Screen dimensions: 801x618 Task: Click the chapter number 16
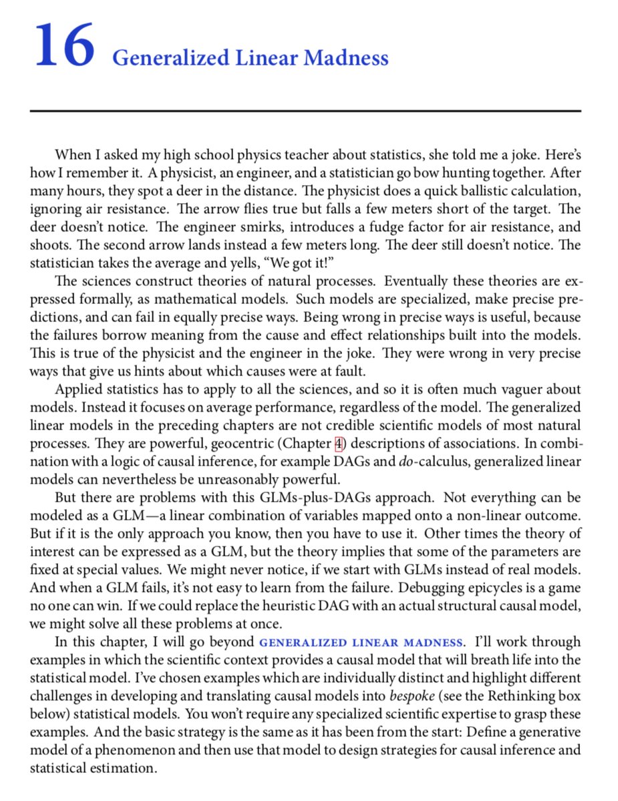pyautogui.click(x=64, y=46)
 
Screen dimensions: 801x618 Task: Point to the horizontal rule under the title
pyautogui.click(x=305, y=110)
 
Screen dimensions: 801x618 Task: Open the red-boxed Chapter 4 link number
pyautogui.click(x=338, y=442)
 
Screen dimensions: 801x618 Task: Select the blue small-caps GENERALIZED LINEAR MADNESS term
pyautogui.click(x=361, y=643)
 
